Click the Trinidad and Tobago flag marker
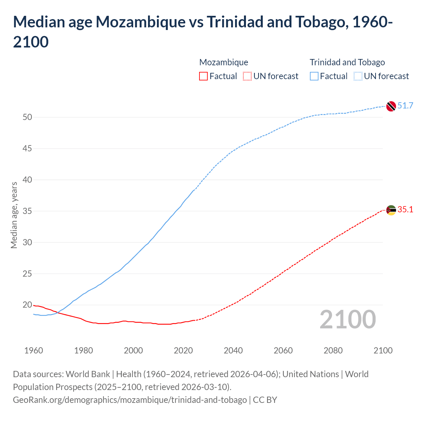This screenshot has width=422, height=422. (391, 106)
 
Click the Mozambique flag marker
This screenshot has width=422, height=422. (391, 210)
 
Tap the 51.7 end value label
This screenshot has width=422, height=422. (405, 105)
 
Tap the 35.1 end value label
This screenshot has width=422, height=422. (405, 210)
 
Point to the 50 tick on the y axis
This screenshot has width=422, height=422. (27, 117)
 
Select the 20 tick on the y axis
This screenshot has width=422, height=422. (27, 305)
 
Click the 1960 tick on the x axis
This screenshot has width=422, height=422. (34, 350)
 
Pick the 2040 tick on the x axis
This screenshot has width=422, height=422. (233, 350)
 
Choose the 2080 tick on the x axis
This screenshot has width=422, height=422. (333, 350)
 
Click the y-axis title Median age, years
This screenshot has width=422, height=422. (14, 215)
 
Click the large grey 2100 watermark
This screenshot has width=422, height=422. (348, 319)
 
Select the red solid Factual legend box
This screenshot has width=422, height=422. (203, 76)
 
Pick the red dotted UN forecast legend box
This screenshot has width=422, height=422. (247, 76)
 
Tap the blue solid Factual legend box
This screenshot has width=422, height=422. (314, 76)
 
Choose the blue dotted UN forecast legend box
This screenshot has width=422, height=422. (358, 76)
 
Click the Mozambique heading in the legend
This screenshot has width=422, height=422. (224, 62)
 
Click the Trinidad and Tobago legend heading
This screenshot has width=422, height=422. (347, 62)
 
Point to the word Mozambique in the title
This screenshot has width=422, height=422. (140, 22)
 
